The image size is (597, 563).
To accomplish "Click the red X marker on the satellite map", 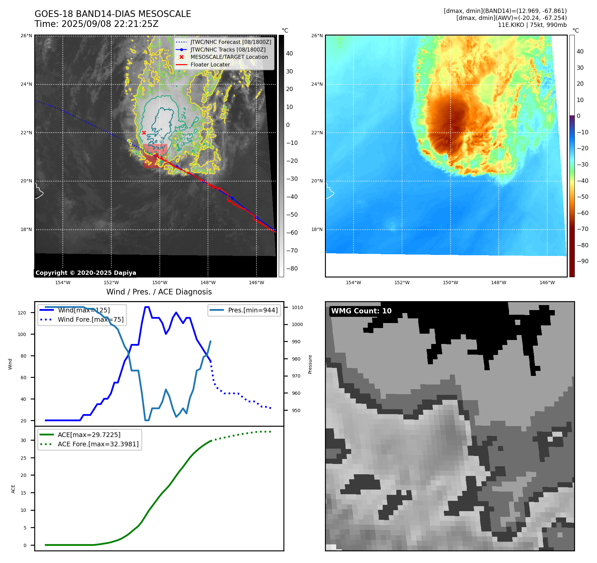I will pyautogui.click(x=144, y=133).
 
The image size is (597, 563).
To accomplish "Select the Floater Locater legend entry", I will pyautogui.click(x=210, y=65).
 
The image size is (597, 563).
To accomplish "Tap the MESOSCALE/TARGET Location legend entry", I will pyautogui.click(x=229, y=57).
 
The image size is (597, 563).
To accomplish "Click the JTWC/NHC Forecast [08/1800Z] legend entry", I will pyautogui.click(x=231, y=42).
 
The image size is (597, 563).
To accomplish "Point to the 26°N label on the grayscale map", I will pyautogui.click(x=26, y=36).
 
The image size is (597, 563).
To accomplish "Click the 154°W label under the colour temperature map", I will pyautogui.click(x=353, y=283).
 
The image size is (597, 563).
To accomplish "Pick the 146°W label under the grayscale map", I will pyautogui.click(x=256, y=283).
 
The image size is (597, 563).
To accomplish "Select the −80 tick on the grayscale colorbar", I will pyautogui.click(x=292, y=269).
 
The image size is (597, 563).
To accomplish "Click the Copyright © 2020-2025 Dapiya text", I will pyautogui.click(x=86, y=273).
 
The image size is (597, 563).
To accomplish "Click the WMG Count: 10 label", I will pyautogui.click(x=361, y=311).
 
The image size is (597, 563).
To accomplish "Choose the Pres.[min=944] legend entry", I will pyautogui.click(x=252, y=310).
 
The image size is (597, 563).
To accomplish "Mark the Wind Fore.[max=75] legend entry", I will pyautogui.click(x=90, y=320).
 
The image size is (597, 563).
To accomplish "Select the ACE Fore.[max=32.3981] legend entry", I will pyautogui.click(x=98, y=444).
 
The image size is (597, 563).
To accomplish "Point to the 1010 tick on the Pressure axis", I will pyautogui.click(x=297, y=307).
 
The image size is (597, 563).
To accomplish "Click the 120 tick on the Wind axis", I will pyautogui.click(x=22, y=313).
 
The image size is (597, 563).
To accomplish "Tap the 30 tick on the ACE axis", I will pyautogui.click(x=23, y=440).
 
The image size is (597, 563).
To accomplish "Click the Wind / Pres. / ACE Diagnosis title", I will pyautogui.click(x=159, y=292).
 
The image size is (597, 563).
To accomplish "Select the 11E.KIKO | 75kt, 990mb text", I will pyautogui.click(x=532, y=25).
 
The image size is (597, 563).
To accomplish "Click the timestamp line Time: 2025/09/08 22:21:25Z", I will pyautogui.click(x=96, y=24).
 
